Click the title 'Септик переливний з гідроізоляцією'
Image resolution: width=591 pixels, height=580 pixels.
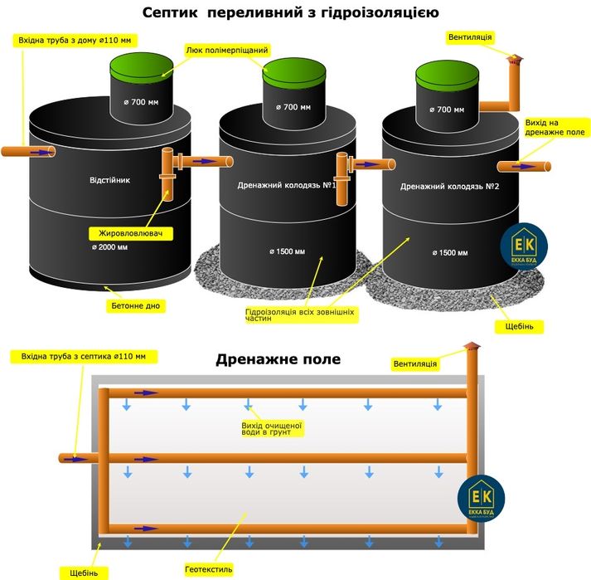coord(296,13)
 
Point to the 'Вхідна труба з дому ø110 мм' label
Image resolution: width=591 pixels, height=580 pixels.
coord(75,40)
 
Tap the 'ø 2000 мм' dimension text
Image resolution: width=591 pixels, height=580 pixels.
coord(110,247)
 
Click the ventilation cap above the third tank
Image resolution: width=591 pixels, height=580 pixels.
coord(513,60)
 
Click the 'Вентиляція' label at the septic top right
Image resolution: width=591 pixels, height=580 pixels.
coord(470,37)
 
